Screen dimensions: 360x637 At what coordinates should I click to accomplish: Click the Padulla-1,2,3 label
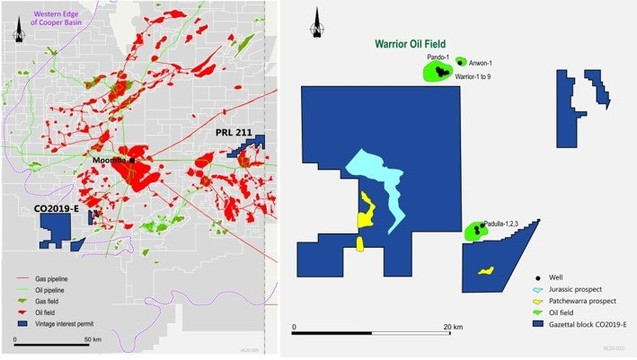pyautogui.click(x=500, y=223)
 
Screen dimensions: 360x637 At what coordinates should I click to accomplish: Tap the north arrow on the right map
pyautogui.click(x=318, y=27)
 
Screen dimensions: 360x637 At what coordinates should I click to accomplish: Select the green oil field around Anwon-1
pyautogui.click(x=461, y=62)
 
